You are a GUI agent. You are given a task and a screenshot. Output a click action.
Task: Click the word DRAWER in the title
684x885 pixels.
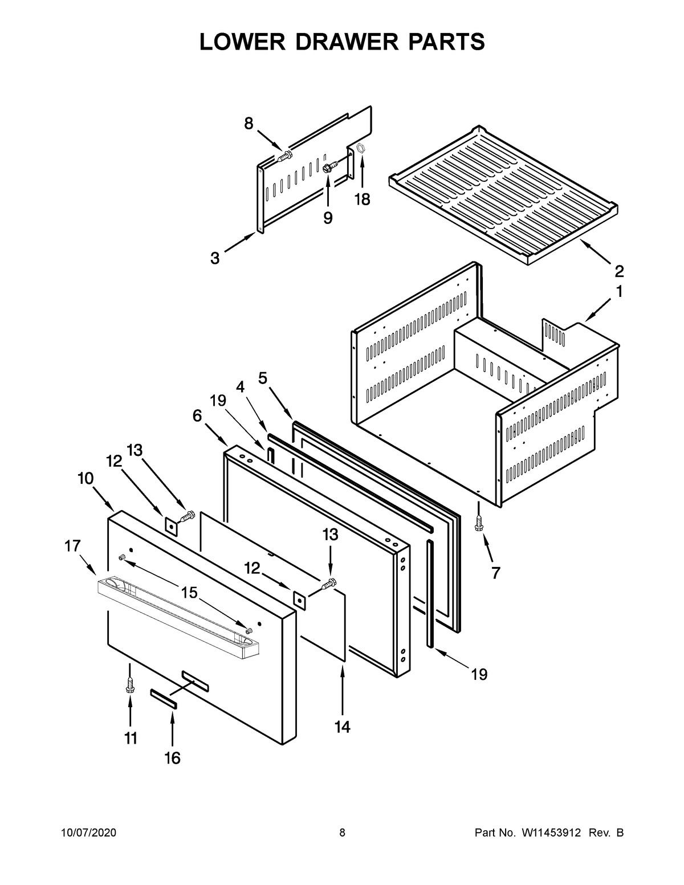point(342,42)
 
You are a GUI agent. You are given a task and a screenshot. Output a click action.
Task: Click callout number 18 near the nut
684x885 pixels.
point(362,199)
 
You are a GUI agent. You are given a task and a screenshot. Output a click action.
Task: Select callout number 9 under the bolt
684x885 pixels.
point(328,218)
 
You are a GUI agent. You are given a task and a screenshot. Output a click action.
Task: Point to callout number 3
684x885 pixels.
point(214,258)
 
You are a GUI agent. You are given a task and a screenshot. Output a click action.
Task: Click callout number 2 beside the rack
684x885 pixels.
point(618,270)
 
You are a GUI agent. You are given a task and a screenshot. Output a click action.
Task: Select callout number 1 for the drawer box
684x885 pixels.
point(618,292)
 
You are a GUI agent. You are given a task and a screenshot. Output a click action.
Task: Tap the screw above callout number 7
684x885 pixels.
point(479,523)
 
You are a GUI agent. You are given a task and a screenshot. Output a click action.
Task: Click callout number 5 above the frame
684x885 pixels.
point(263,377)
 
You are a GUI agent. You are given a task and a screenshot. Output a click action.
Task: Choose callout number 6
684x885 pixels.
point(197,416)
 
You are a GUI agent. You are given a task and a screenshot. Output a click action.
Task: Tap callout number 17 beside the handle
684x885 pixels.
point(72,546)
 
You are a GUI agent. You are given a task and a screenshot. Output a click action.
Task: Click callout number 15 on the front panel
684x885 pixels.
point(189,593)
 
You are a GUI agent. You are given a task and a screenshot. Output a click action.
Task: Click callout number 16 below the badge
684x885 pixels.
point(172,758)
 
